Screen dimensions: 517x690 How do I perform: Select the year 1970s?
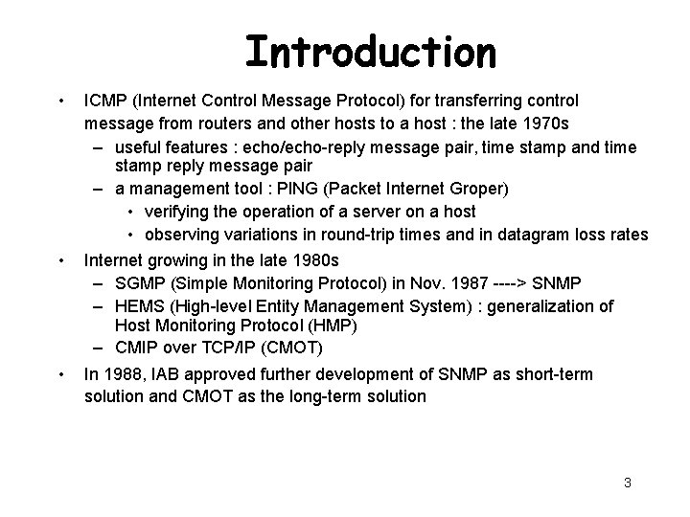click(x=549, y=124)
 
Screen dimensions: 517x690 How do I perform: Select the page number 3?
click(x=627, y=483)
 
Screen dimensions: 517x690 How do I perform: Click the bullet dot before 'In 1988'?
click(x=60, y=374)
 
